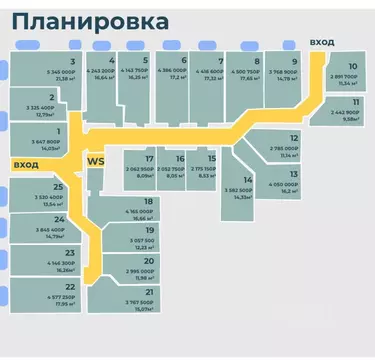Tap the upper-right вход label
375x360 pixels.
click(322, 41)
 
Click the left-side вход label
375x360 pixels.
click(25, 163)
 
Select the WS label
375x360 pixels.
click(96, 160)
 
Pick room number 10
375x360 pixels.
click(352, 66)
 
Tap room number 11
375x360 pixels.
click(355, 102)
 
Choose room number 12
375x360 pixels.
click(294, 138)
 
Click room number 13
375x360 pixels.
click(294, 174)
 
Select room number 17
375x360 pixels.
click(149, 159)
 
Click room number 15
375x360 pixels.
click(211, 159)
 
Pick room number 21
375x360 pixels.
click(148, 292)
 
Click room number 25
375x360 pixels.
click(58, 187)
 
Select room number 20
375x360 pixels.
click(148, 261)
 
